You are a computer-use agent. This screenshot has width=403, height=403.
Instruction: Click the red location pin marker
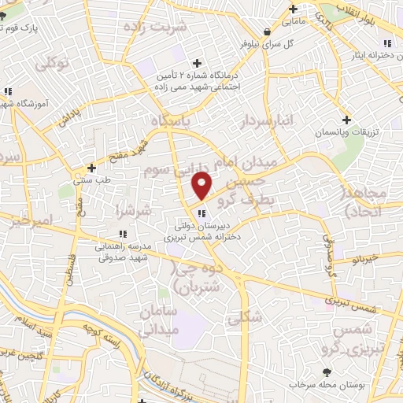point(202,185)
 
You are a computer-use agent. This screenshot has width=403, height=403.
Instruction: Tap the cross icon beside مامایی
point(293,9)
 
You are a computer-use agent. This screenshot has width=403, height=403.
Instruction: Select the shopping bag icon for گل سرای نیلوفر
point(268,32)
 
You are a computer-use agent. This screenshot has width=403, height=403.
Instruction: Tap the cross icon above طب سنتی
point(92,168)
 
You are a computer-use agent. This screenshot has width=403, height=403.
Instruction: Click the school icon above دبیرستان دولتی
point(202,213)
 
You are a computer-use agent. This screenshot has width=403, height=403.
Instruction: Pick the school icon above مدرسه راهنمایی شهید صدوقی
point(122,234)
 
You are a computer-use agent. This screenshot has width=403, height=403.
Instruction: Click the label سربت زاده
point(162,26)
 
